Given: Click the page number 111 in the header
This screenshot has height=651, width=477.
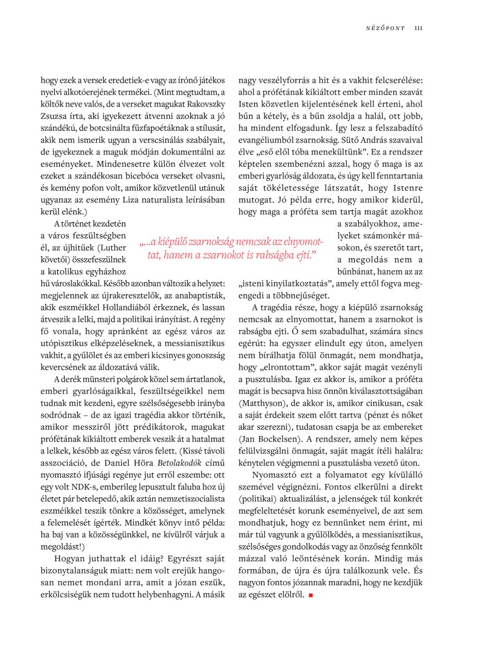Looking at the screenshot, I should pyautogui.click(x=418, y=28).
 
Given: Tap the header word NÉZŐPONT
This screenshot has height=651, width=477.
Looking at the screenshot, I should pyautogui.click(x=385, y=28).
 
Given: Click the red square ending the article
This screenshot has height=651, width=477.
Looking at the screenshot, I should pyautogui.click(x=311, y=596).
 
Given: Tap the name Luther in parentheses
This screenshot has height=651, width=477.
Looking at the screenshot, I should pyautogui.click(x=111, y=247).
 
